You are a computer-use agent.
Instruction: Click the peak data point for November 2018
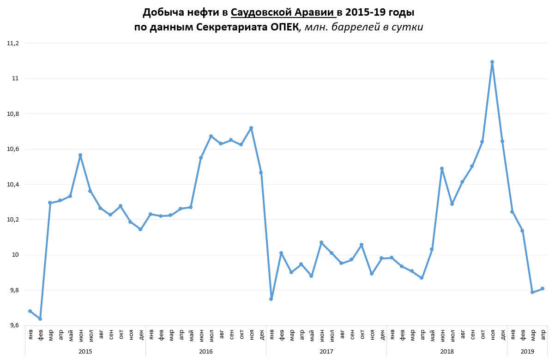tap(492, 62)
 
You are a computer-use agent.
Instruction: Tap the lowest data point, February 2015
tap(40, 319)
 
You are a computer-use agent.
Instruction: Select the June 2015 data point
tap(80, 156)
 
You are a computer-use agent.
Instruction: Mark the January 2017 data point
tap(271, 299)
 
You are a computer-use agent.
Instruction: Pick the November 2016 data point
tap(251, 128)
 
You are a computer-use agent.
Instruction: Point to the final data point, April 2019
tap(543, 288)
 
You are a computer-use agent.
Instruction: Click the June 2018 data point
tap(442, 168)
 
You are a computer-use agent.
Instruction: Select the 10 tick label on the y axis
tap(15, 255)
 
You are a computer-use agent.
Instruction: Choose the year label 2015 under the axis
tap(85, 352)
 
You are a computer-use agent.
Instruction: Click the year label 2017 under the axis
tap(326, 352)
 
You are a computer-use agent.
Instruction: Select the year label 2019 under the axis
tap(527, 352)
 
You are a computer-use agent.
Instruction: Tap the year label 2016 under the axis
tap(206, 352)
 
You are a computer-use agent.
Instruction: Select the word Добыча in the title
tap(161, 12)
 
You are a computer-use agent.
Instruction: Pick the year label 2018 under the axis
tap(447, 352)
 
